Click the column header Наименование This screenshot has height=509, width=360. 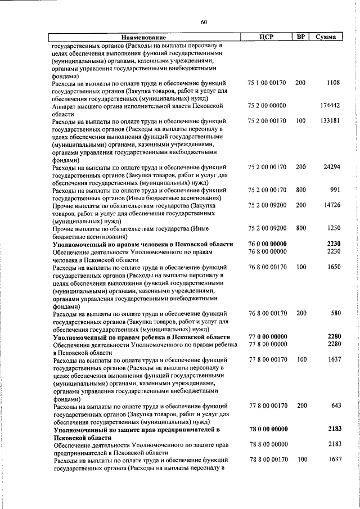pyautogui.click(x=143, y=37)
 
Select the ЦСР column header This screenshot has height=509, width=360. pyautogui.click(x=267, y=37)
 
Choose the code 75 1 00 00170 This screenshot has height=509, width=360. pyautogui.click(x=267, y=83)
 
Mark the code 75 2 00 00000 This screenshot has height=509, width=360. pyautogui.click(x=267, y=106)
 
